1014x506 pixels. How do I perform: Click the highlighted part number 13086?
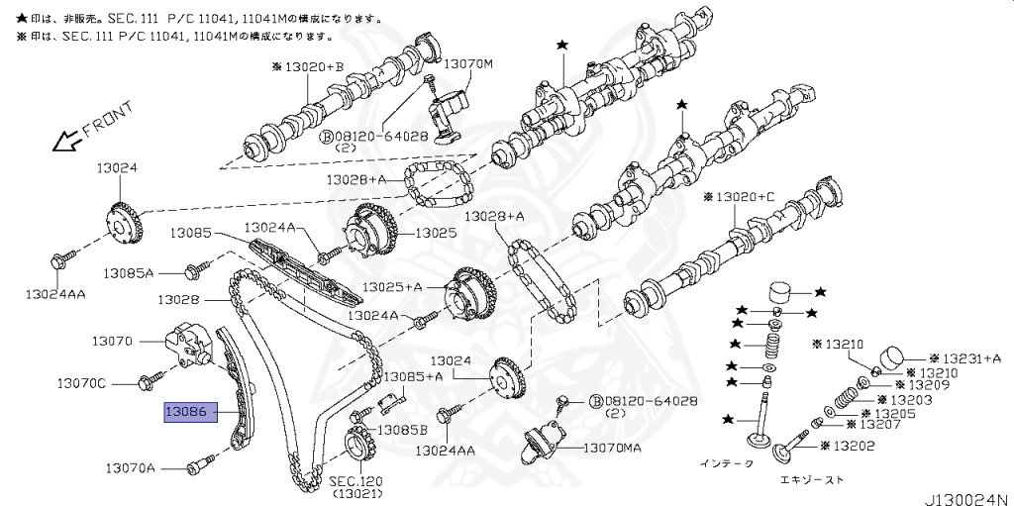[186, 411]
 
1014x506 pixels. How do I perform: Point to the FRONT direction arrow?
[68, 139]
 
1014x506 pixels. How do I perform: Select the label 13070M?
[467, 63]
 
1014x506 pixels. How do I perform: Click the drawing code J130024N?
[965, 496]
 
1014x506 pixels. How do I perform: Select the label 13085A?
[130, 272]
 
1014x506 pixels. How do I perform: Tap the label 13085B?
[402, 430]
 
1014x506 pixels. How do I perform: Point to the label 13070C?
[81, 382]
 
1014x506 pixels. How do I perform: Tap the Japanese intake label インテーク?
[727, 462]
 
